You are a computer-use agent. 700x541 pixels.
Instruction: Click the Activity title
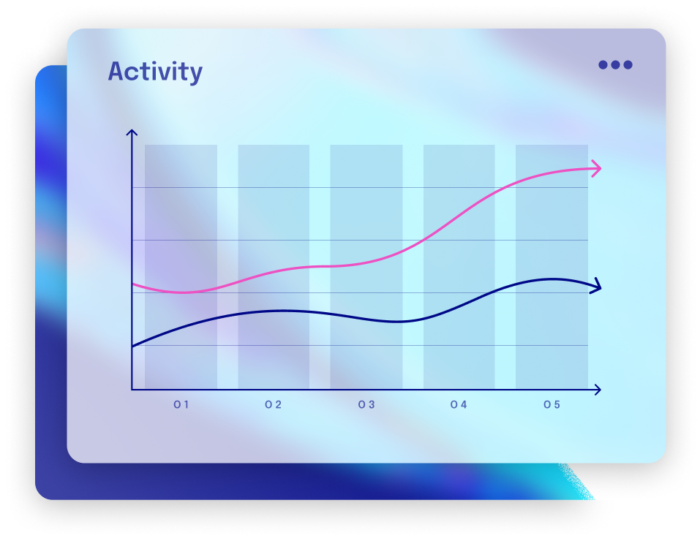click(x=155, y=72)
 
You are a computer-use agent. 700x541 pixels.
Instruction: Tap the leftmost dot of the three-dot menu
click(x=603, y=64)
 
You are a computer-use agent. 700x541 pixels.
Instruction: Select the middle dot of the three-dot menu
click(x=615, y=64)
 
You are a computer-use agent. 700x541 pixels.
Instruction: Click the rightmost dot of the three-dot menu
click(x=628, y=64)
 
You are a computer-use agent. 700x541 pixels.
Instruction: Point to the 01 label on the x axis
click(x=181, y=404)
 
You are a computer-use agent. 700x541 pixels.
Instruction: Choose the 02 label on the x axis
click(x=273, y=404)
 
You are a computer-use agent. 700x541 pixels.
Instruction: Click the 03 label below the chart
click(x=366, y=404)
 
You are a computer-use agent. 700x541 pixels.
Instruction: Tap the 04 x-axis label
click(x=459, y=404)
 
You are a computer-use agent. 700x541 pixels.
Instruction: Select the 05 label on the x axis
click(x=552, y=404)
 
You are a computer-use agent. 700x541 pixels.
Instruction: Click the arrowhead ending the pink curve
click(x=597, y=169)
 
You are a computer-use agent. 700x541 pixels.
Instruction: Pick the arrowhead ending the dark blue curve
click(x=597, y=287)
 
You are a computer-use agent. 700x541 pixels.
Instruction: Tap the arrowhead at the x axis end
click(x=597, y=390)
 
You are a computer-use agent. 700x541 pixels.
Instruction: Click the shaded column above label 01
click(x=181, y=267)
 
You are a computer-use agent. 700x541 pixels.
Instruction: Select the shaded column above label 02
click(x=274, y=267)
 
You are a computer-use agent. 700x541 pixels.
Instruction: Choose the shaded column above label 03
click(x=366, y=267)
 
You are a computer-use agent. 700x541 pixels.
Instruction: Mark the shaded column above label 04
click(x=459, y=267)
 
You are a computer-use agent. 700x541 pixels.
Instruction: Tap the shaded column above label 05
click(x=552, y=267)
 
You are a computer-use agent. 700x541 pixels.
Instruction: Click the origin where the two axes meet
click(x=132, y=390)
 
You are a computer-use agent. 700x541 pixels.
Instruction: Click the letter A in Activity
click(x=117, y=72)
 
